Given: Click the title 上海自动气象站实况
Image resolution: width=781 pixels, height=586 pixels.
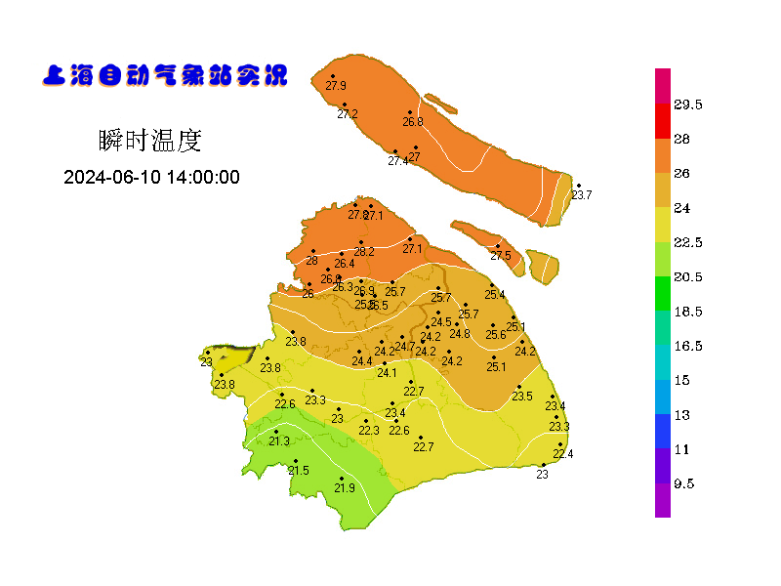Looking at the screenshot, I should pos(165,75).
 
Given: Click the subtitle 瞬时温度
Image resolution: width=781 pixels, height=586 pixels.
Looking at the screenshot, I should pos(150,141).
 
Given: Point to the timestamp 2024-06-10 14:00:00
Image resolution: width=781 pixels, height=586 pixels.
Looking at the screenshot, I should pos(152,178).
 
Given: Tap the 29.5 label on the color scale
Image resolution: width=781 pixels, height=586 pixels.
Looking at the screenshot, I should pos(689,105).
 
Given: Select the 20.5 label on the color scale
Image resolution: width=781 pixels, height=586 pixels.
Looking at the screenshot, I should pos(689,277).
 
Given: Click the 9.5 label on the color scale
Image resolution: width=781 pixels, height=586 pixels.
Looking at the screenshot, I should pos(685,484).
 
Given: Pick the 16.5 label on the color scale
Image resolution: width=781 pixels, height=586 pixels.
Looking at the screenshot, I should pos(689,347).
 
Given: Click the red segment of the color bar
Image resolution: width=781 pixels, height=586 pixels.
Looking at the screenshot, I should pos(663,120).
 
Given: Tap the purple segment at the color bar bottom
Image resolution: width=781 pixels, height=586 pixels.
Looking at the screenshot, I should pos(663,499).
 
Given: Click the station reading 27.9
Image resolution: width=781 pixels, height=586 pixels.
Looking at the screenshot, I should pos(336,86).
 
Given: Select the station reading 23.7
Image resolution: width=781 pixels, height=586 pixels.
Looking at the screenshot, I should pos(582,195).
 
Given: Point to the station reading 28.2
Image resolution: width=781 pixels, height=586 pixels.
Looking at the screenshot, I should pos(364,252).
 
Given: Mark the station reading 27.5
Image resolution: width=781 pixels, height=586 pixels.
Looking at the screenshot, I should pos(501,256).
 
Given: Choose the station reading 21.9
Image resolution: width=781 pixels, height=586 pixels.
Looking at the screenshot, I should pos(345,488).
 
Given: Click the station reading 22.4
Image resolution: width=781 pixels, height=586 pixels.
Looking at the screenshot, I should pos(563,454).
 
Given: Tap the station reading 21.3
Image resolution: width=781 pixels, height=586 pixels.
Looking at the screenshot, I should pos(279,441).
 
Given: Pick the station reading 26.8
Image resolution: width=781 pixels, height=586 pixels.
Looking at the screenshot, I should pos(413,122).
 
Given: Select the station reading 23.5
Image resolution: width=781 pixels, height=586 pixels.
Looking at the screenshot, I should pos(522,397).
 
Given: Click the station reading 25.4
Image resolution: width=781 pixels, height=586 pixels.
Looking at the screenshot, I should pos(495,295).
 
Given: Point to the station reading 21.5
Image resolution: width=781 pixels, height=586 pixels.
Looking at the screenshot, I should pos(299,471).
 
